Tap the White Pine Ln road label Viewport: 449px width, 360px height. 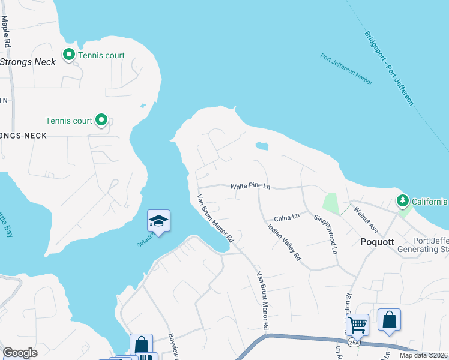250,187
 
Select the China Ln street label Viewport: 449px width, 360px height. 286,217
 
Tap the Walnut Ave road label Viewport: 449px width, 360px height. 367,220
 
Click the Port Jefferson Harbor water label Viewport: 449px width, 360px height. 346,70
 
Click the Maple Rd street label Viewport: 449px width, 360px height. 6,31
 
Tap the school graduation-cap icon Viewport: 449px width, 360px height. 159,221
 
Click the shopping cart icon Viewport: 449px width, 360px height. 358,325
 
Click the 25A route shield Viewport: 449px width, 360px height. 356,343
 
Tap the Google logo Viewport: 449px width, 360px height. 20,352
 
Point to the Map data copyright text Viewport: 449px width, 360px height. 424,355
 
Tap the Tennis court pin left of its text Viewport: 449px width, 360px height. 69,55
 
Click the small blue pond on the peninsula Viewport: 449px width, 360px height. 261,146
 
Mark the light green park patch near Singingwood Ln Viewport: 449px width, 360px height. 330,203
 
